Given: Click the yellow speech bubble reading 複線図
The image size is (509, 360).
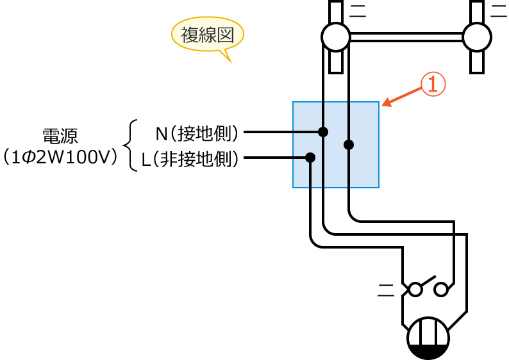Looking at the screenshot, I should coord(207,36).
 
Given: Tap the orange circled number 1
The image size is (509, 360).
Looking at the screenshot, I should coord(432,85).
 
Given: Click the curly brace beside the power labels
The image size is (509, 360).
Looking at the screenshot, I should coord(130,145).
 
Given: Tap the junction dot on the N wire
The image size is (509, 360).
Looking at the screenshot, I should coord(323,133).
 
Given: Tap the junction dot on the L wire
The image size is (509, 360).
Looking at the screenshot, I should coord(310,157).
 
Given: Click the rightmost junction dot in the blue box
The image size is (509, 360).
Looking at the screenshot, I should coord(349,145).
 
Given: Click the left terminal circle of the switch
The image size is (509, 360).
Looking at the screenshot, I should coord(415,290).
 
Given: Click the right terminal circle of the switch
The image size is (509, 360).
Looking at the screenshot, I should coord(441,290).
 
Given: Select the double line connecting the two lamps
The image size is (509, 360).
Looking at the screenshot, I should coord(406,37).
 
